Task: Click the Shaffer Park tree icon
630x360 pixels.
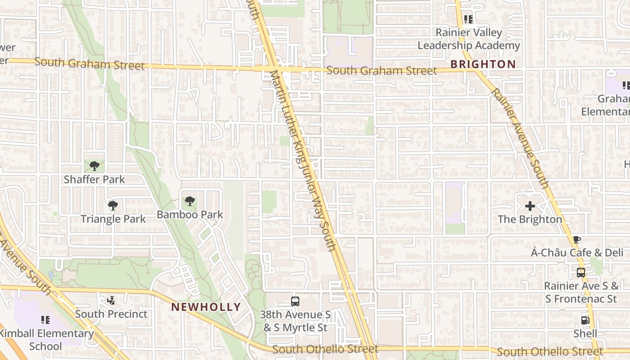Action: pyautogui.click(x=94, y=166)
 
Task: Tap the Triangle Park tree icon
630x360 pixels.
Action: pyautogui.click(x=113, y=206)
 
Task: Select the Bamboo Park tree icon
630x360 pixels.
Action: pyautogui.click(x=190, y=201)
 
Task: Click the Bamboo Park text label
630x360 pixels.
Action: pyautogui.click(x=190, y=215)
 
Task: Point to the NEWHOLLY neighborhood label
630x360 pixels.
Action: pyautogui.click(x=206, y=307)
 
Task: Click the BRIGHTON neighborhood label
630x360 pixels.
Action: pyautogui.click(x=483, y=64)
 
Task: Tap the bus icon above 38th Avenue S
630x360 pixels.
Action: pyautogui.click(x=295, y=301)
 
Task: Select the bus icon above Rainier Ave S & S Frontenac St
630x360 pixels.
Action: pyautogui.click(x=581, y=272)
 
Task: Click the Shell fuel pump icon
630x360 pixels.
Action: pyautogui.click(x=585, y=320)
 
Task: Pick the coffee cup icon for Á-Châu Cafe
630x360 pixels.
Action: pyautogui.click(x=577, y=239)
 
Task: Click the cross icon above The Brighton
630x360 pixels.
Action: pyautogui.click(x=530, y=206)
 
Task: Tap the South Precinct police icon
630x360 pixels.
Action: pyautogui.click(x=111, y=300)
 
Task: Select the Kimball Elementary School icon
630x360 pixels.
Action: pyautogui.click(x=45, y=319)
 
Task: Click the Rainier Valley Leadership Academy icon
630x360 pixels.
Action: pyautogui.click(x=468, y=19)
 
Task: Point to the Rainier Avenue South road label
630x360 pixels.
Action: pyautogui.click(x=520, y=138)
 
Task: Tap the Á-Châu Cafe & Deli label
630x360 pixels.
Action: pyautogui.click(x=577, y=253)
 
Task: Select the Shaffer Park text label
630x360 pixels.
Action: pyautogui.click(x=94, y=180)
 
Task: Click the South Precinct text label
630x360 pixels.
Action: pyautogui.click(x=111, y=314)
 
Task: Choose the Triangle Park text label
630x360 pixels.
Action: pyautogui.click(x=113, y=219)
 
